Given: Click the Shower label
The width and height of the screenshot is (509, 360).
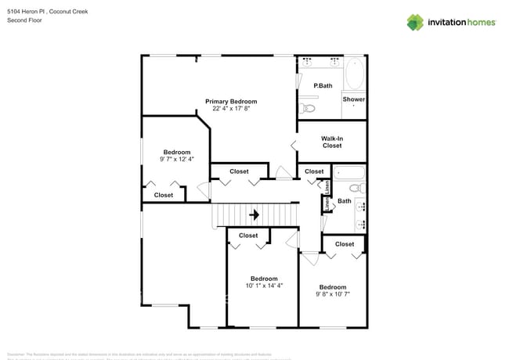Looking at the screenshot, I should pyautogui.click(x=353, y=99).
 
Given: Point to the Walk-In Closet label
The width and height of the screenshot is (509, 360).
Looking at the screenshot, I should pyautogui.click(x=332, y=142).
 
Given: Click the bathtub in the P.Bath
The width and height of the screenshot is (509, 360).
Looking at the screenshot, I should pyautogui.click(x=354, y=74).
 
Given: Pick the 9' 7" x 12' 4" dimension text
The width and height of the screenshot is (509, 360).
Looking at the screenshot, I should pyautogui.click(x=176, y=159).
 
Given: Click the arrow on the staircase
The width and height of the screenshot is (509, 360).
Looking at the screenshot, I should pyautogui.click(x=254, y=214).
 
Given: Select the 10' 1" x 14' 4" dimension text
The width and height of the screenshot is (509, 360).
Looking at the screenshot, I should pyautogui.click(x=264, y=286).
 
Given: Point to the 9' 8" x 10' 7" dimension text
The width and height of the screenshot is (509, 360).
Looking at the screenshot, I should pyautogui.click(x=333, y=294).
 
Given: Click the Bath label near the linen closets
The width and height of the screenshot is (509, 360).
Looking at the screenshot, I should pyautogui.click(x=344, y=202).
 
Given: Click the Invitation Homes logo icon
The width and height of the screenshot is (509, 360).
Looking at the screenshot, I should pyautogui.click(x=415, y=22).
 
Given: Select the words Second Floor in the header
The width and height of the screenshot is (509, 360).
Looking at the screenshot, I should pyautogui.click(x=24, y=20).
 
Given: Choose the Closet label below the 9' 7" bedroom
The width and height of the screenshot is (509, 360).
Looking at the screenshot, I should pyautogui.click(x=164, y=195).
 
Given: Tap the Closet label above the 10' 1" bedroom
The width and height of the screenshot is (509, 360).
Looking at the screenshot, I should pyautogui.click(x=248, y=235).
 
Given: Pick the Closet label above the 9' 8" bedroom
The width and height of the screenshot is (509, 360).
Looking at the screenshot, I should pyautogui.click(x=345, y=244).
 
